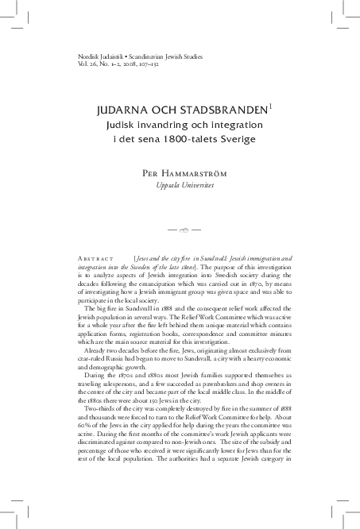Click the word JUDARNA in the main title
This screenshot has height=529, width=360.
[x=124, y=110]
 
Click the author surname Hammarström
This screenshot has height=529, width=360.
[x=200, y=172]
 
